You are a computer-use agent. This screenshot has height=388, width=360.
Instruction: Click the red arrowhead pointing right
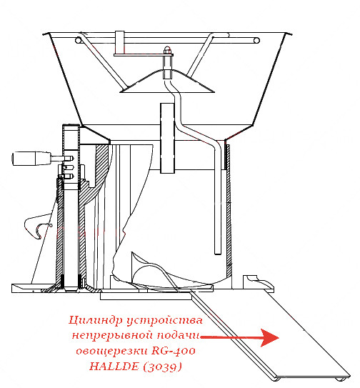270,338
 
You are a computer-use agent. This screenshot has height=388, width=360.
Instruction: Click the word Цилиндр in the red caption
96,320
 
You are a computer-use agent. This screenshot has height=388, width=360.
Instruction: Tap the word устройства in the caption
165,321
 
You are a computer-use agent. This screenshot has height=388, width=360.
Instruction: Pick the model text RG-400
173,351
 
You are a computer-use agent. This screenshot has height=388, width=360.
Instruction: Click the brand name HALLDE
114,367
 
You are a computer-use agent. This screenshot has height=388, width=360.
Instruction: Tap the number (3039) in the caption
162,367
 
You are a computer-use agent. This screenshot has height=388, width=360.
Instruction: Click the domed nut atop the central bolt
167,50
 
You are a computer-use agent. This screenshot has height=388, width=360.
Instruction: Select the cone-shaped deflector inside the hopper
167,81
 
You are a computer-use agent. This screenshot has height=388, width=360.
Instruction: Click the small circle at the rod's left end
79,40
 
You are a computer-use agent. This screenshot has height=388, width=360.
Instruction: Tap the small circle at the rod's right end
256,40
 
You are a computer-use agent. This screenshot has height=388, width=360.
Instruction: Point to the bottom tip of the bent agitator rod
218,254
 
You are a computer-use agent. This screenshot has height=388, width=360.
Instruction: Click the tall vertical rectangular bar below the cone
168,138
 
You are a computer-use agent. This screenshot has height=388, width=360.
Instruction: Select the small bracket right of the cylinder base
258,282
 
